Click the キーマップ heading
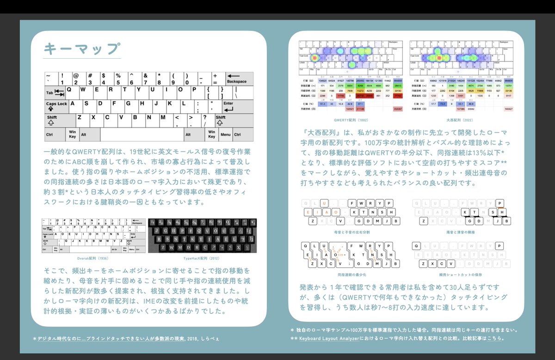82,49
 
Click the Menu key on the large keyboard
225,134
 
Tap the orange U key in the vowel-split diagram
325,203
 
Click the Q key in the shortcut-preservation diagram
416,246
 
